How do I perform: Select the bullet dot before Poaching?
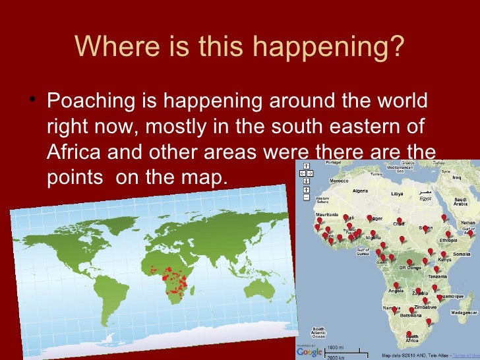point(34,102)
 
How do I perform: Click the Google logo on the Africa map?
point(310,351)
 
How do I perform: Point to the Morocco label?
point(339,181)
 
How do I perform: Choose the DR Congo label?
point(409,268)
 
